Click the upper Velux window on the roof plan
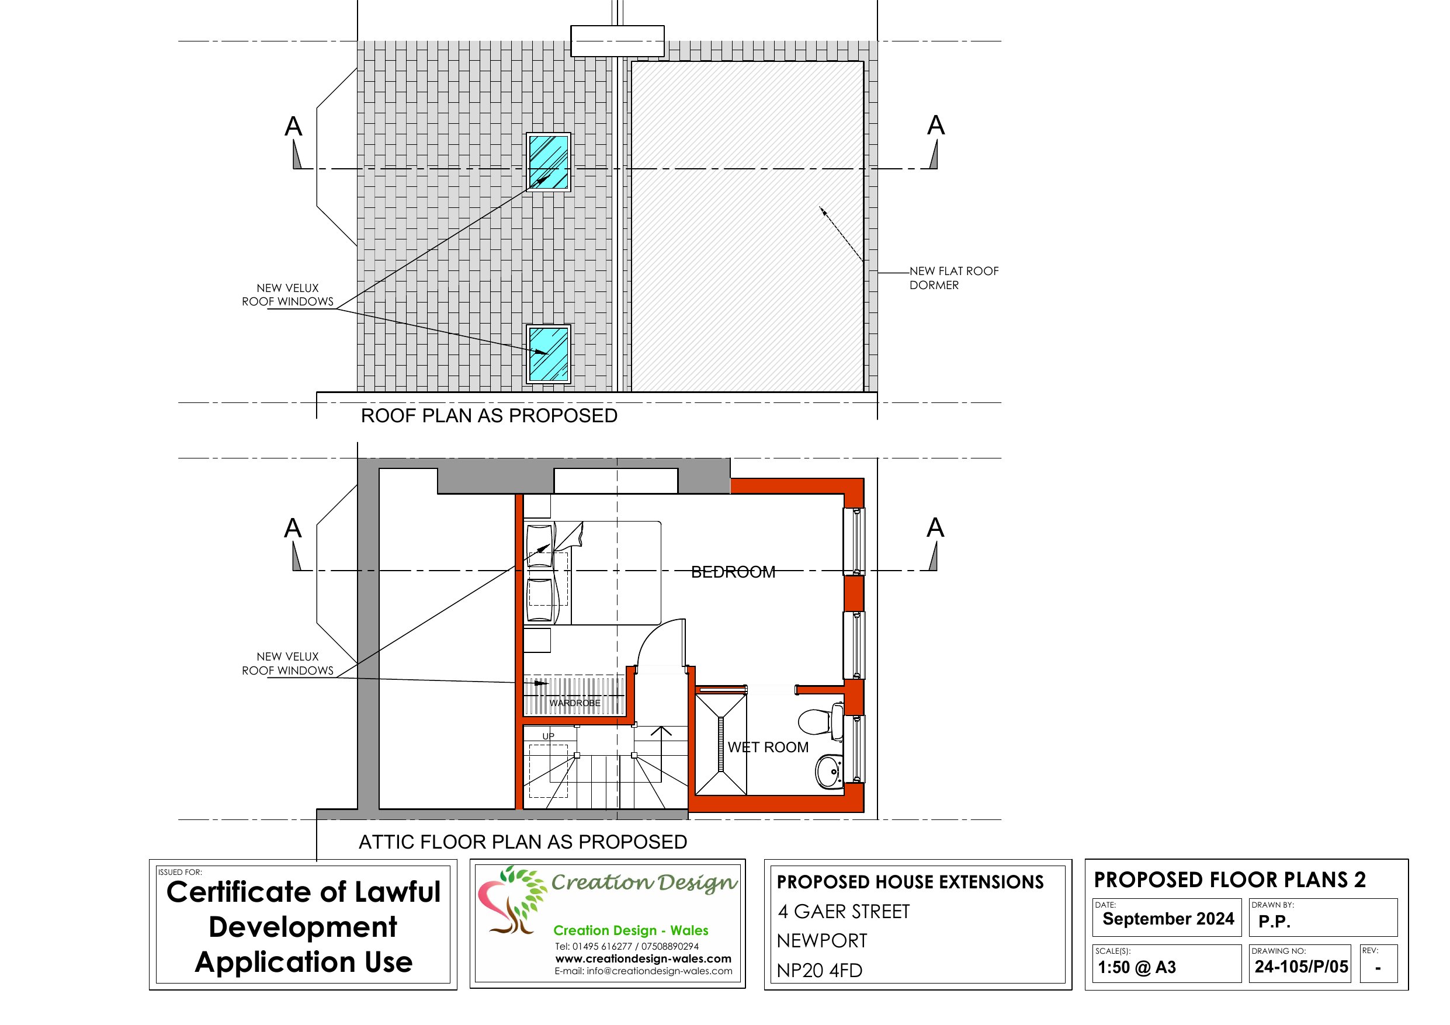[549, 162]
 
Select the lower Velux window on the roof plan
[549, 354]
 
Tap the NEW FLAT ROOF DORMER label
[953, 278]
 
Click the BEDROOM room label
[733, 572]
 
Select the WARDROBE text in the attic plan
[574, 703]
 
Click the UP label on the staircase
[548, 736]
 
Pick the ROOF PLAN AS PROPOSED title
[489, 416]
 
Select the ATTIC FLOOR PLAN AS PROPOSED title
[522, 842]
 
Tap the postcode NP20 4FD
[819, 970]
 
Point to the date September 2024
[1168, 919]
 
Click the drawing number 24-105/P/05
[1301, 967]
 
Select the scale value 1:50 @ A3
[1137, 968]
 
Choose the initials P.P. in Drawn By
[1274, 922]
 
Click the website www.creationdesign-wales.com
[643, 958]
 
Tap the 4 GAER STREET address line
[844, 911]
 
